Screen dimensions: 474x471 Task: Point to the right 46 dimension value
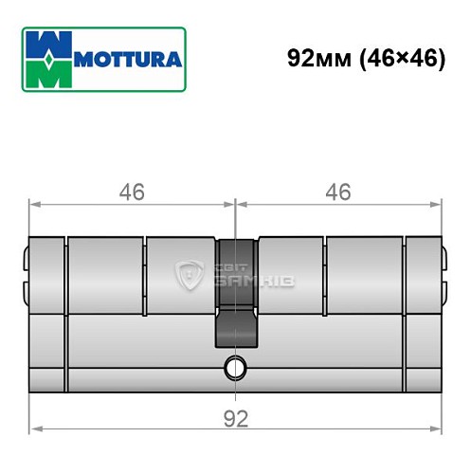[337, 191]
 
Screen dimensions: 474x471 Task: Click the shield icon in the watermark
[187, 276]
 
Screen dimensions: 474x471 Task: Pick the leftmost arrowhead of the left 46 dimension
[35, 203]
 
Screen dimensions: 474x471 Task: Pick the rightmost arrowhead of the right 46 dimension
[437, 203]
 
